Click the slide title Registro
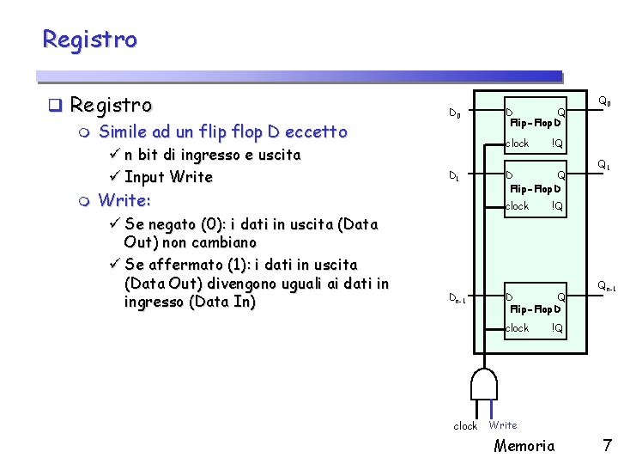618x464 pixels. [89, 40]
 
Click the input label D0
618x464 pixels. [456, 113]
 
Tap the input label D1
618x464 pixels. [456, 177]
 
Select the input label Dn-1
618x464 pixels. [458, 298]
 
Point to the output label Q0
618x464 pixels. [604, 102]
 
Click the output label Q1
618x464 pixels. [604, 165]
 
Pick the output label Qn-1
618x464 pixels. [606, 287]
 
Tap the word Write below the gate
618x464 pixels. [503, 425]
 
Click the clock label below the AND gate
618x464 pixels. [465, 426]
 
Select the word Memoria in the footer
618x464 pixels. [524, 445]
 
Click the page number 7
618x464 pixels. [607, 445]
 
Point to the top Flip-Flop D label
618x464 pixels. [535, 124]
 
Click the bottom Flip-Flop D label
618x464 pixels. [535, 308]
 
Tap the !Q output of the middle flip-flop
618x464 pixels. [557, 206]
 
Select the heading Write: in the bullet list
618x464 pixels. [124, 200]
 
